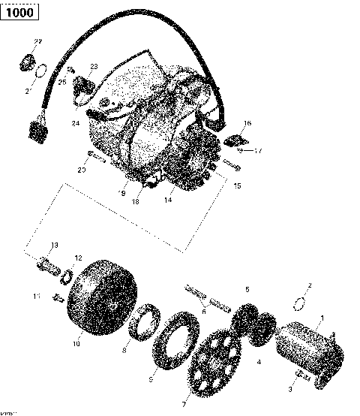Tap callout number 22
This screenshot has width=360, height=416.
pos(38,41)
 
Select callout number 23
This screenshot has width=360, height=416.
pos(94,67)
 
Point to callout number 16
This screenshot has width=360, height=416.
pos(247,123)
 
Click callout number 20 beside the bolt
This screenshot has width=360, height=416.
pos(82,170)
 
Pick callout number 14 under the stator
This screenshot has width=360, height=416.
pos(169,200)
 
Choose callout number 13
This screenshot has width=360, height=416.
pos(54,246)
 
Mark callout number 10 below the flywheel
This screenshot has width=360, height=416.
pos(75,345)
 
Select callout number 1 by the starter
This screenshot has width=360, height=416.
pos(322,318)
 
